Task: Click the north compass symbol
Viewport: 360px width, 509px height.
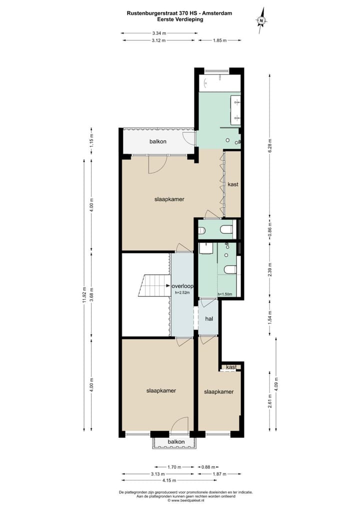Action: (x=261, y=20)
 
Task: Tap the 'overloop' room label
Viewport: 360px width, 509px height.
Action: (x=182, y=286)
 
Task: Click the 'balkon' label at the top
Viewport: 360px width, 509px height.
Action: (x=157, y=142)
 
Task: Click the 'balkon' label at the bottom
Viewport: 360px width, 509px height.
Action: (x=176, y=442)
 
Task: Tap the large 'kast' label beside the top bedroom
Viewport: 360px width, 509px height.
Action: (x=233, y=184)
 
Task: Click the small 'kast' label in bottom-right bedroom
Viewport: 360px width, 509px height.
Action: (x=230, y=367)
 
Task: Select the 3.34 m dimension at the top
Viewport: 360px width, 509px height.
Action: (x=159, y=33)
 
